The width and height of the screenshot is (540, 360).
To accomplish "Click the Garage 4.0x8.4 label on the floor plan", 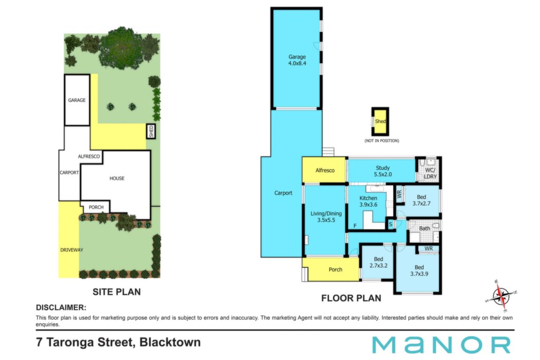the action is click(x=297, y=60).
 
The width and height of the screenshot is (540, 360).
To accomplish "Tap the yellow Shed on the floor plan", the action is click(x=380, y=121).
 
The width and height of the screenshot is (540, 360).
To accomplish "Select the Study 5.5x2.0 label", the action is click(x=383, y=171).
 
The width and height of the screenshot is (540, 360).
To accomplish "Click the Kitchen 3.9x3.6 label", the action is click(x=368, y=201).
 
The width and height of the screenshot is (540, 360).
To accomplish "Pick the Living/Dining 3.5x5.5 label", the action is click(x=326, y=217).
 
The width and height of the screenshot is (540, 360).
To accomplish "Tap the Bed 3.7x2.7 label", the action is click(x=421, y=200).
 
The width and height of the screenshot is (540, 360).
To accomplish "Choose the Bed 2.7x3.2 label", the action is click(x=378, y=262).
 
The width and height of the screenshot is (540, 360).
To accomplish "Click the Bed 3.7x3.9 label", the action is click(x=419, y=270).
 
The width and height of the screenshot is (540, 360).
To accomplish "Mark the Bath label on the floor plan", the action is click(x=425, y=228).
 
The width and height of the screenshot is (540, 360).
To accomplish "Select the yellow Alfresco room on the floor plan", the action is click(x=325, y=170).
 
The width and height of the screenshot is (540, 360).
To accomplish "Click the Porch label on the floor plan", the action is click(x=335, y=269).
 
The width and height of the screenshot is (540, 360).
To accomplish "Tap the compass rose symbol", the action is click(x=501, y=296).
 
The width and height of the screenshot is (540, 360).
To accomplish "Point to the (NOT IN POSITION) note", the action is click(x=382, y=141).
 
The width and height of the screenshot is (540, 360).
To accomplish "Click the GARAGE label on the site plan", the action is click(x=77, y=100).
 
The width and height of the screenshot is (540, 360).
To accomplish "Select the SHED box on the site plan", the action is click(x=151, y=131).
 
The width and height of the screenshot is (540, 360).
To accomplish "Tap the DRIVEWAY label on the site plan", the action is click(x=72, y=250).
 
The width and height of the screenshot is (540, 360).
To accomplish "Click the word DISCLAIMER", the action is click(x=61, y=307).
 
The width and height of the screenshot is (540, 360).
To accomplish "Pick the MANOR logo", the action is click(x=441, y=345).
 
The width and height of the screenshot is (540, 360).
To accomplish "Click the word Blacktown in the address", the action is click(x=170, y=343).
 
